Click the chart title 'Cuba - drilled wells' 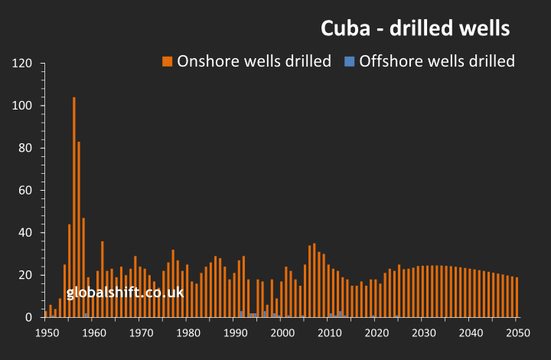[x=415, y=29]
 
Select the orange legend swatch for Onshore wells [x=167, y=61]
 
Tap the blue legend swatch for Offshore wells [x=349, y=61]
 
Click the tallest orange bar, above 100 [x=74, y=207]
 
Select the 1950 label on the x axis [x=47, y=332]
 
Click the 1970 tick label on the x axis [x=141, y=332]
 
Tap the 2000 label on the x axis [x=282, y=332]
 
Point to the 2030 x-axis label [x=423, y=332]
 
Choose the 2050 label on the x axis [x=517, y=332]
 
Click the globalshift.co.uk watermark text [x=125, y=292]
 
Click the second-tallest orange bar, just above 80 [x=79, y=230]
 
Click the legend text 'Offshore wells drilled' [x=437, y=61]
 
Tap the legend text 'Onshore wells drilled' [x=254, y=61]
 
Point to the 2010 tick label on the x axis [x=329, y=332]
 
